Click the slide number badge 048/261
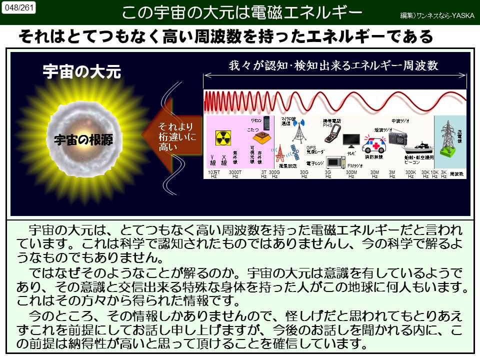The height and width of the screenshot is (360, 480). click(19, 7)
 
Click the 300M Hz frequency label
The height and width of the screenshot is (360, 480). click(351, 174)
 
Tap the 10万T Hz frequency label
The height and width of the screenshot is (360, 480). click(214, 174)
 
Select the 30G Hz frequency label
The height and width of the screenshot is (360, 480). click(303, 174)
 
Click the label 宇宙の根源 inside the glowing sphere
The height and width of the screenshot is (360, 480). click(83, 140)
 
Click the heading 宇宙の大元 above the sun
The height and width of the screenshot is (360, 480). click(82, 71)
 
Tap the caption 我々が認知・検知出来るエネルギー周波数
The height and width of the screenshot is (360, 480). click(333, 65)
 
